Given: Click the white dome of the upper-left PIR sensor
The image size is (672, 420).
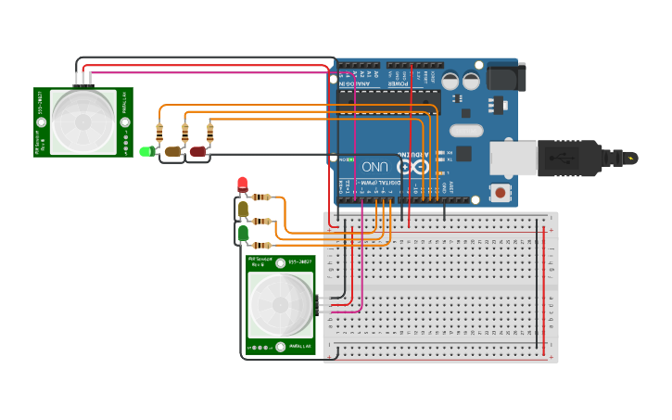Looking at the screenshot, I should (x=83, y=121).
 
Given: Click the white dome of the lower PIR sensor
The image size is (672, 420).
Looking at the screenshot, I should (x=280, y=305).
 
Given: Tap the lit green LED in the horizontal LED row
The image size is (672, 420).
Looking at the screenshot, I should (x=146, y=151).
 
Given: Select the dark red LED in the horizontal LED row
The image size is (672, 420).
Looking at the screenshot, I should (x=197, y=151).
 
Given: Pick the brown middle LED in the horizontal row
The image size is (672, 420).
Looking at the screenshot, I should (x=172, y=151).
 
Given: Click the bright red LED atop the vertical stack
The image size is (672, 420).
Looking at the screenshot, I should (x=243, y=185).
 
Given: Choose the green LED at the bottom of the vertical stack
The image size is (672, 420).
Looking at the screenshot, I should (x=243, y=233).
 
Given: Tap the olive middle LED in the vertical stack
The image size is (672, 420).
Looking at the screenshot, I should (x=243, y=210).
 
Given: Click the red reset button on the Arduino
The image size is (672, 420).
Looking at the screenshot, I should (x=501, y=193).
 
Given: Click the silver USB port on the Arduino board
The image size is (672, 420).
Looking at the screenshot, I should (x=512, y=158).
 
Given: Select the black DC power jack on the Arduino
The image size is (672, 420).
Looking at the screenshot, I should (x=504, y=77).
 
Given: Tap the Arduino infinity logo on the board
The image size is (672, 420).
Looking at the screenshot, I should (x=409, y=167).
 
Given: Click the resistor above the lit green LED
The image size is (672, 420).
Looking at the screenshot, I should (x=159, y=134).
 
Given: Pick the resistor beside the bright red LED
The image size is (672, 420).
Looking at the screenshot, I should (x=262, y=197).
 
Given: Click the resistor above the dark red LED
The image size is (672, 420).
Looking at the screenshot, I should (x=209, y=134).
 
